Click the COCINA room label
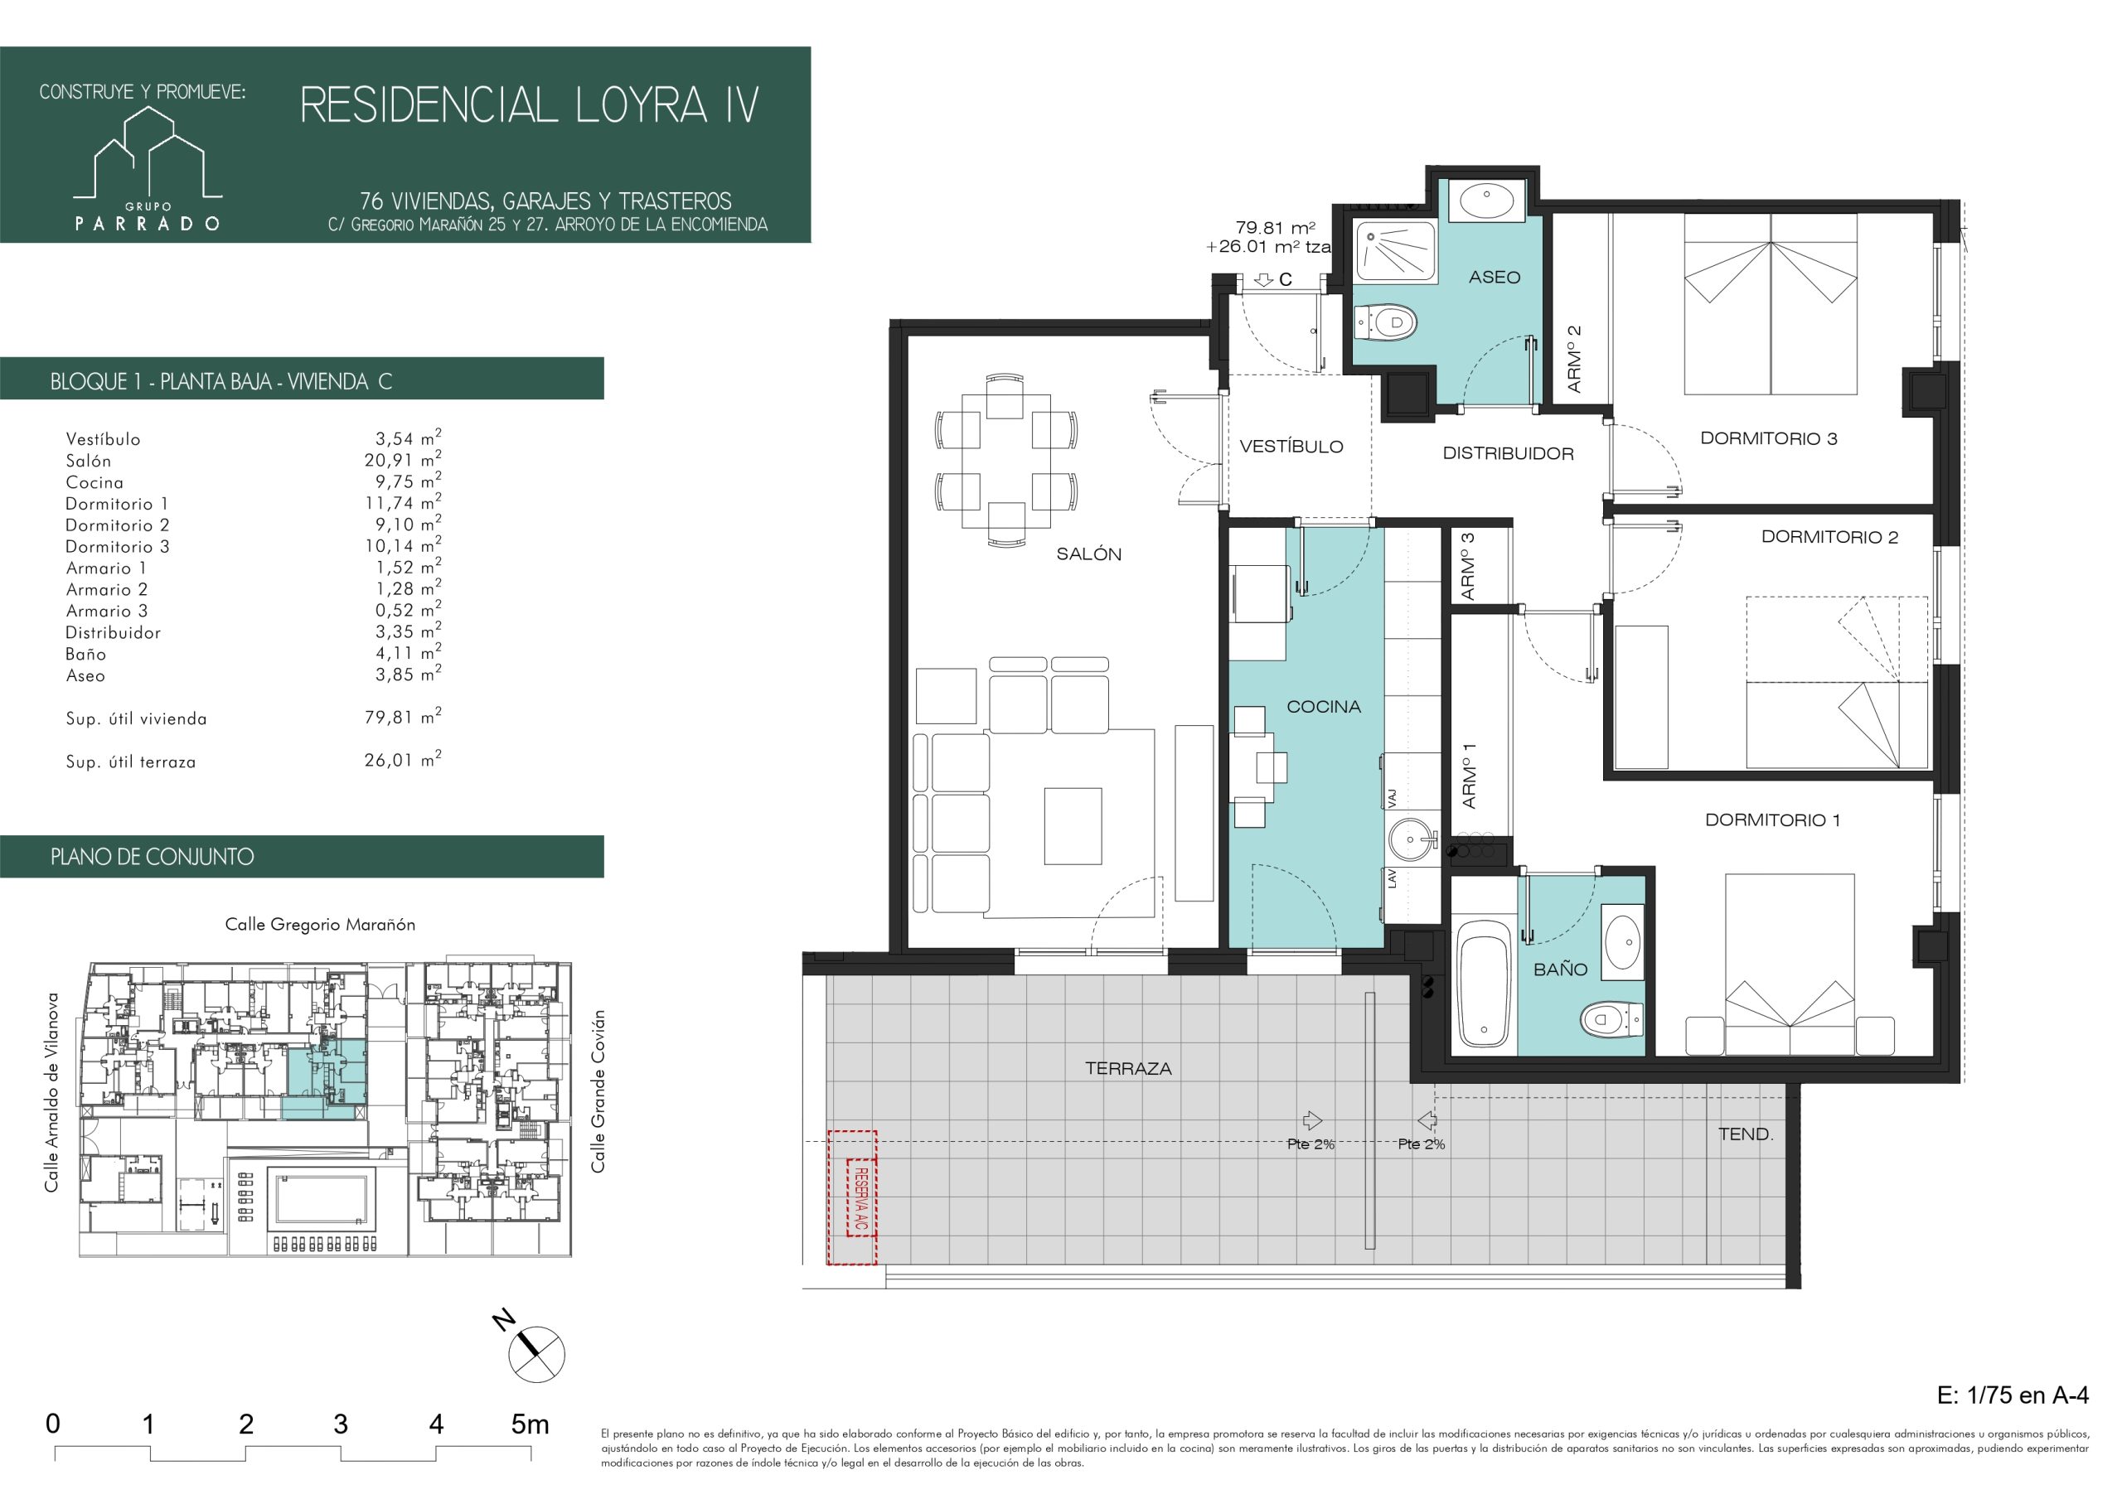pos(1324,707)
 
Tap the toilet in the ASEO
pos(1386,322)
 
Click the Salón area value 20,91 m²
pos(402,460)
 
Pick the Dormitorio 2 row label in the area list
pos(118,525)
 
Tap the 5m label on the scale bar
pos(530,1424)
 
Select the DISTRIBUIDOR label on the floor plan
pos(1509,454)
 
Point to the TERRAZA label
pos(1128,1068)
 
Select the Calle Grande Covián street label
pos(599,1091)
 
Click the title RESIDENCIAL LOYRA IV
pos(530,104)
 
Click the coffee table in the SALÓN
pos(1073,825)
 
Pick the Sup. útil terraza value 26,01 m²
pos(402,761)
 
